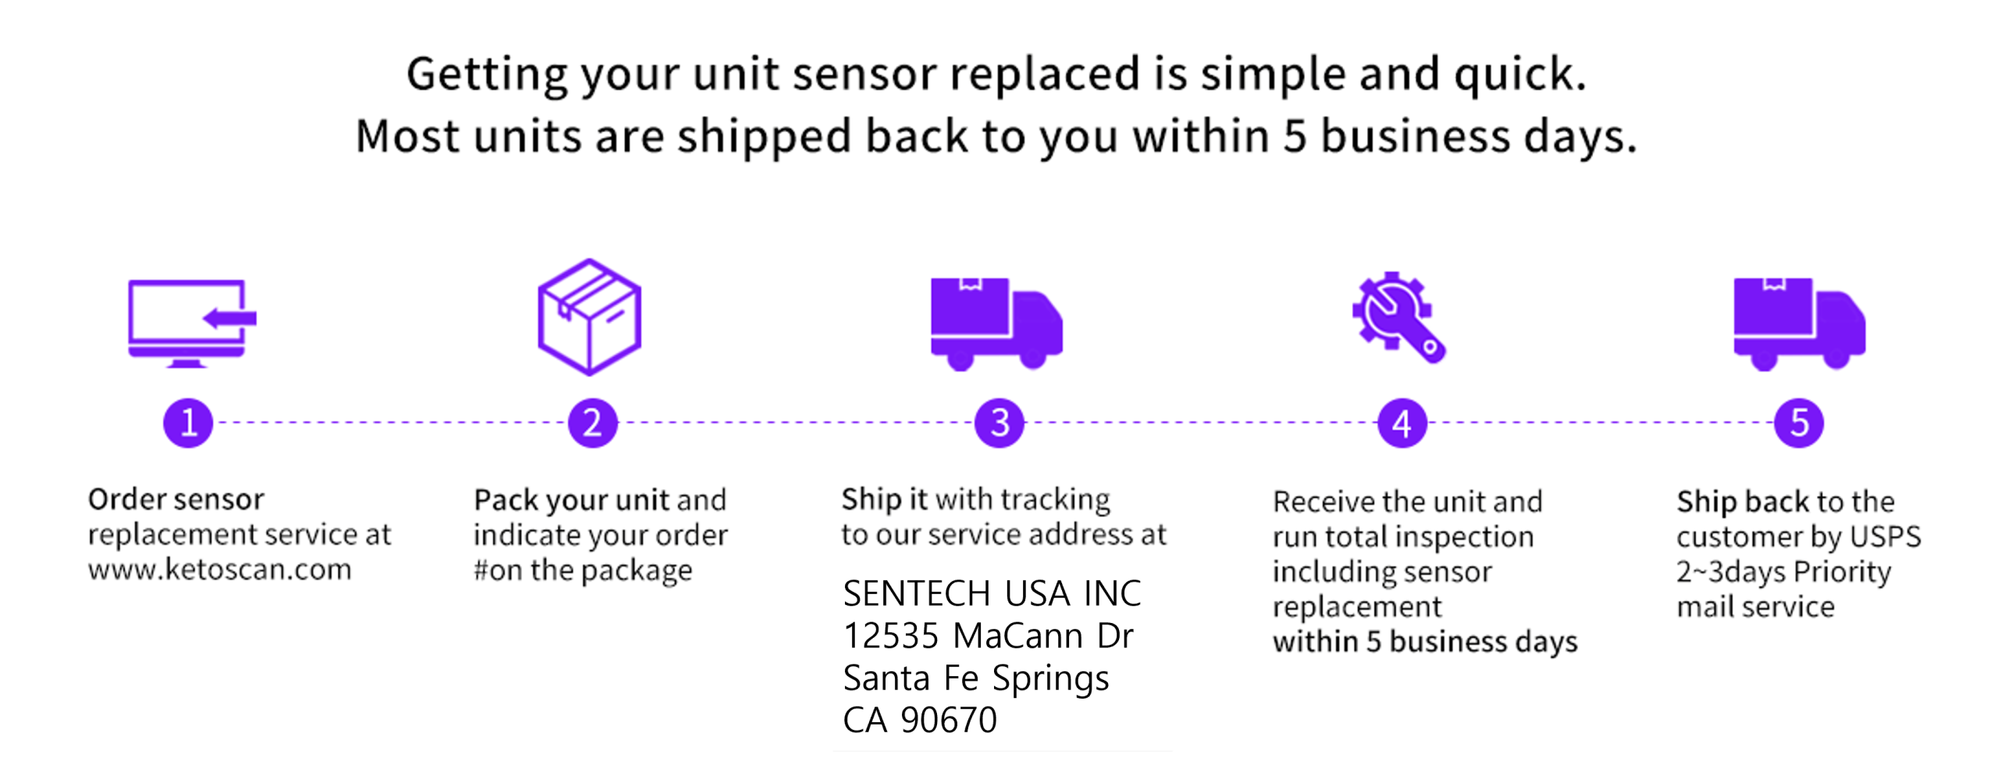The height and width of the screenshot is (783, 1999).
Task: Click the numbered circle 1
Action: tap(188, 423)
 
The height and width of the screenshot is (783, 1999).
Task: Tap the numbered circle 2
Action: tap(593, 423)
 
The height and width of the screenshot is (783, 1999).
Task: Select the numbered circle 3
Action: tap(999, 423)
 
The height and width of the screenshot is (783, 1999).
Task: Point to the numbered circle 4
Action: tap(1402, 423)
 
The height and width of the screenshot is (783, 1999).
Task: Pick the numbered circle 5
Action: tap(1799, 423)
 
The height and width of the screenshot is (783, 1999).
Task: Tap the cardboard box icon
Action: tap(590, 317)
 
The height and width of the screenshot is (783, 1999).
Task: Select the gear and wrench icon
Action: tap(1399, 317)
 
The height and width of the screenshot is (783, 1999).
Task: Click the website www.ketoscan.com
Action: tap(219, 569)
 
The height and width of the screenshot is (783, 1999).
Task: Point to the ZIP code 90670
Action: tap(949, 720)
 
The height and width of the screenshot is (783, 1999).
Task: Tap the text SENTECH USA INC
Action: tap(992, 593)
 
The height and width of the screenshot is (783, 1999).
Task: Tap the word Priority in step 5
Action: tap(1842, 572)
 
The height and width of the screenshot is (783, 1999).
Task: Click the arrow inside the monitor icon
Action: tap(230, 318)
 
